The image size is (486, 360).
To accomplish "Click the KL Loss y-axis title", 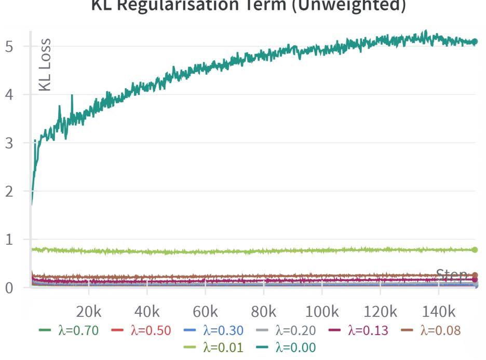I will tap(46, 65).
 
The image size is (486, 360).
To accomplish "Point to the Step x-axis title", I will tap(451, 275).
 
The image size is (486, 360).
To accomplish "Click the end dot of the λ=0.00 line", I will tap(475, 41).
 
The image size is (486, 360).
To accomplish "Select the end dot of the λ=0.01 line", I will tap(475, 250).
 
